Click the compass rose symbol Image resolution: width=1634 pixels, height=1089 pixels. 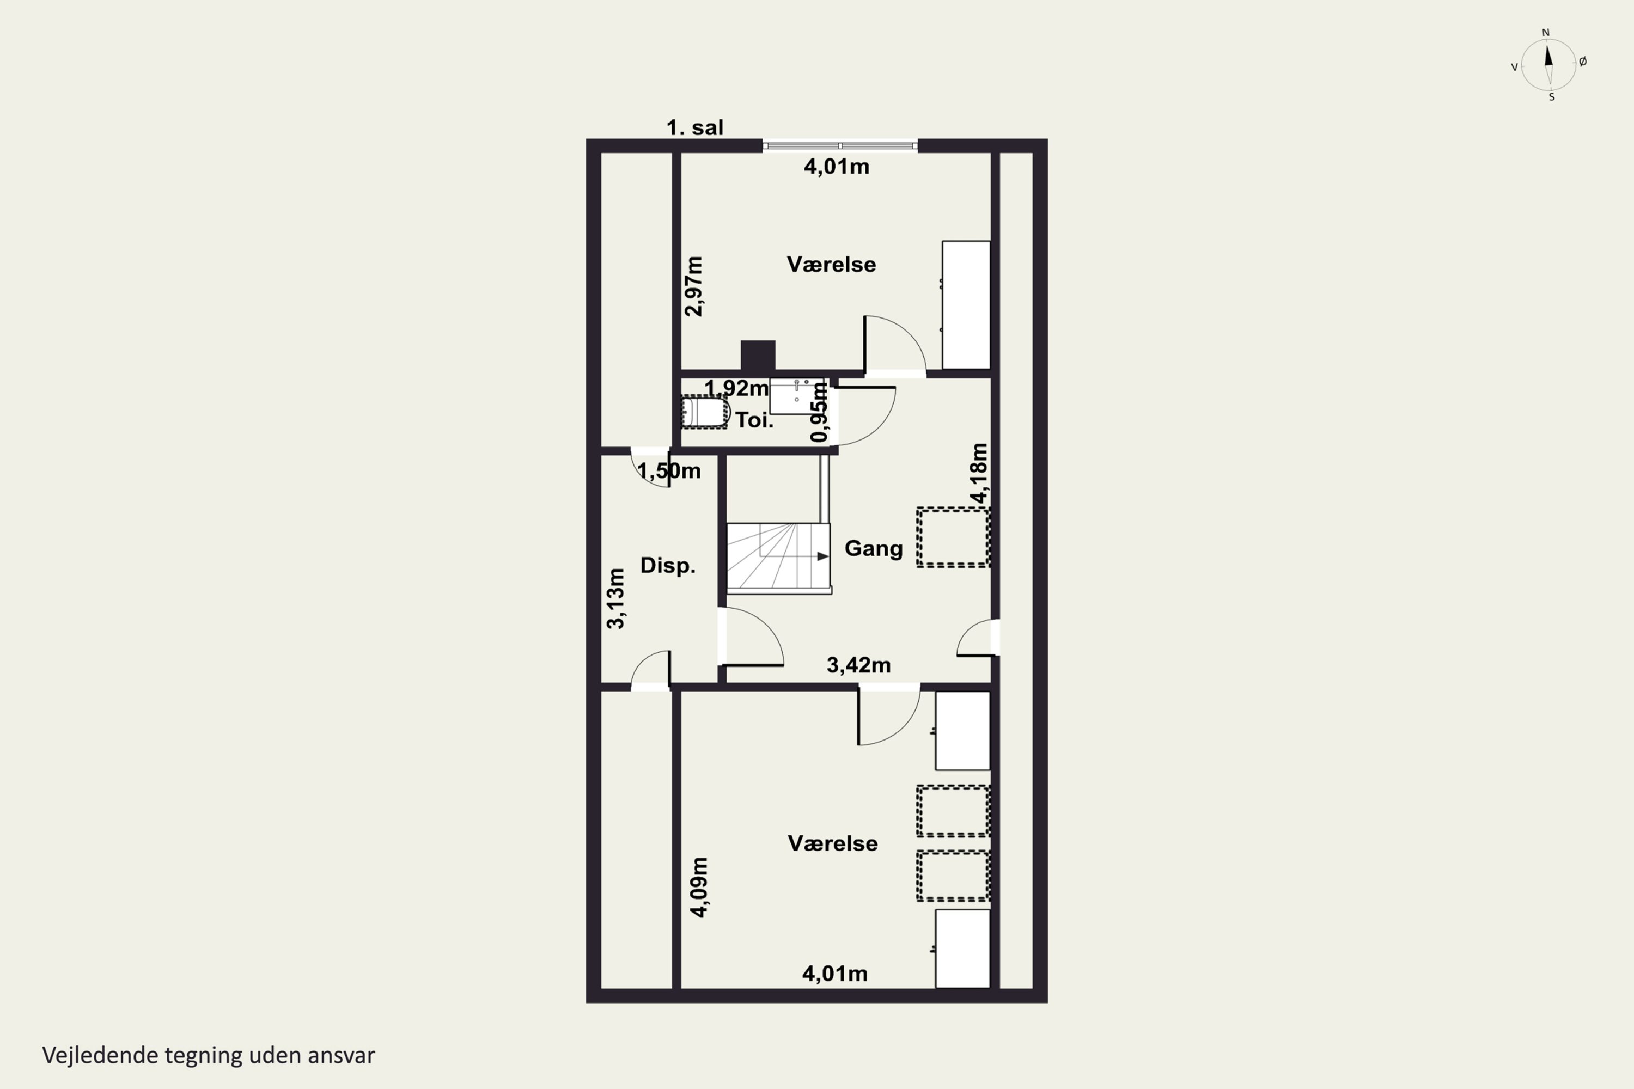point(1548,65)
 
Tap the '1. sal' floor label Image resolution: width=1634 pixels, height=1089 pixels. point(695,128)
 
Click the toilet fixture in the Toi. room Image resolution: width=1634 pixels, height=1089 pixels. point(704,412)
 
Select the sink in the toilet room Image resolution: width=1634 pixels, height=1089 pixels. point(796,396)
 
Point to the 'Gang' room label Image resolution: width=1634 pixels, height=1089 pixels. point(873,549)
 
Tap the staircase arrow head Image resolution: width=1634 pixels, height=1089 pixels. point(822,556)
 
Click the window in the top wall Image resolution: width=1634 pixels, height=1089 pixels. point(840,146)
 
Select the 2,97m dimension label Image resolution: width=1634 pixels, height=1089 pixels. point(694,286)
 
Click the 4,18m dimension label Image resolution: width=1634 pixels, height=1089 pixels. point(979,473)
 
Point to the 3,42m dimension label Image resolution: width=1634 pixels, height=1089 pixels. point(859,665)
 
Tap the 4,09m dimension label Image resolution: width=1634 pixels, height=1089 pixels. point(699,887)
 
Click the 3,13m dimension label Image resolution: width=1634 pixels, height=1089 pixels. point(615,598)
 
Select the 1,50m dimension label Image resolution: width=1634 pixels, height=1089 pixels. point(669,471)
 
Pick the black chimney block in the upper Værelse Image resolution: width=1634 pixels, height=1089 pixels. point(758,356)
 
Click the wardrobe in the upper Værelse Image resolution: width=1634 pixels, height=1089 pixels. point(966,305)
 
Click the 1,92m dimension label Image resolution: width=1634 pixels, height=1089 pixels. point(736,388)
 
